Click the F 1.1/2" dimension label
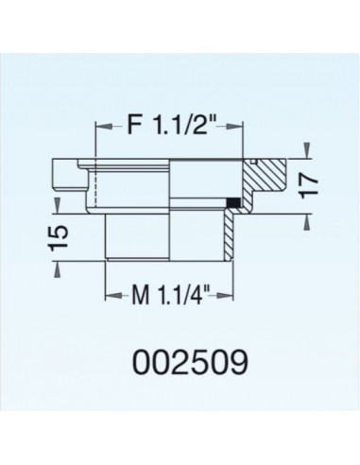point(171,124)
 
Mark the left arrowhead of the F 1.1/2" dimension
point(102,124)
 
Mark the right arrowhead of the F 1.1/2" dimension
point(240,124)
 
